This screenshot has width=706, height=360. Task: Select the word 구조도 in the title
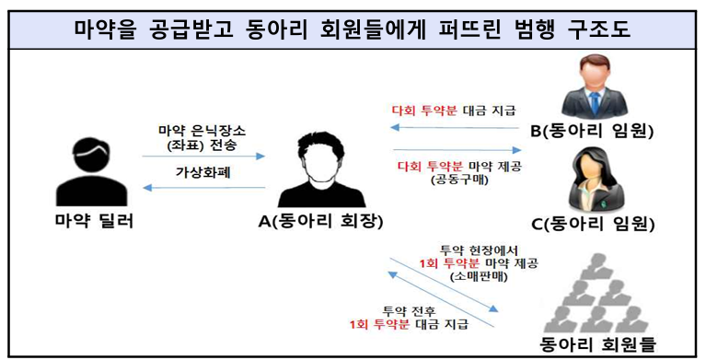[598, 28]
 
